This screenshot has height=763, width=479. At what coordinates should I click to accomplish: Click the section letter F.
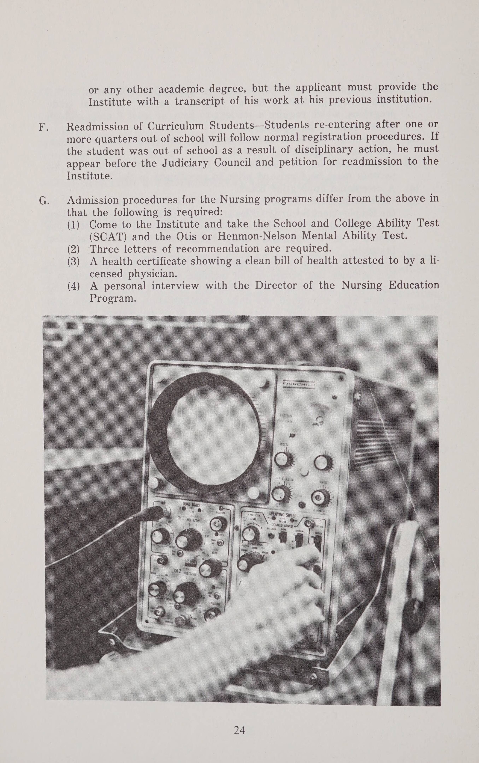[x=43, y=127]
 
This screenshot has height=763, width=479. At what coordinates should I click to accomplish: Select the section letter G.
[x=44, y=201]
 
